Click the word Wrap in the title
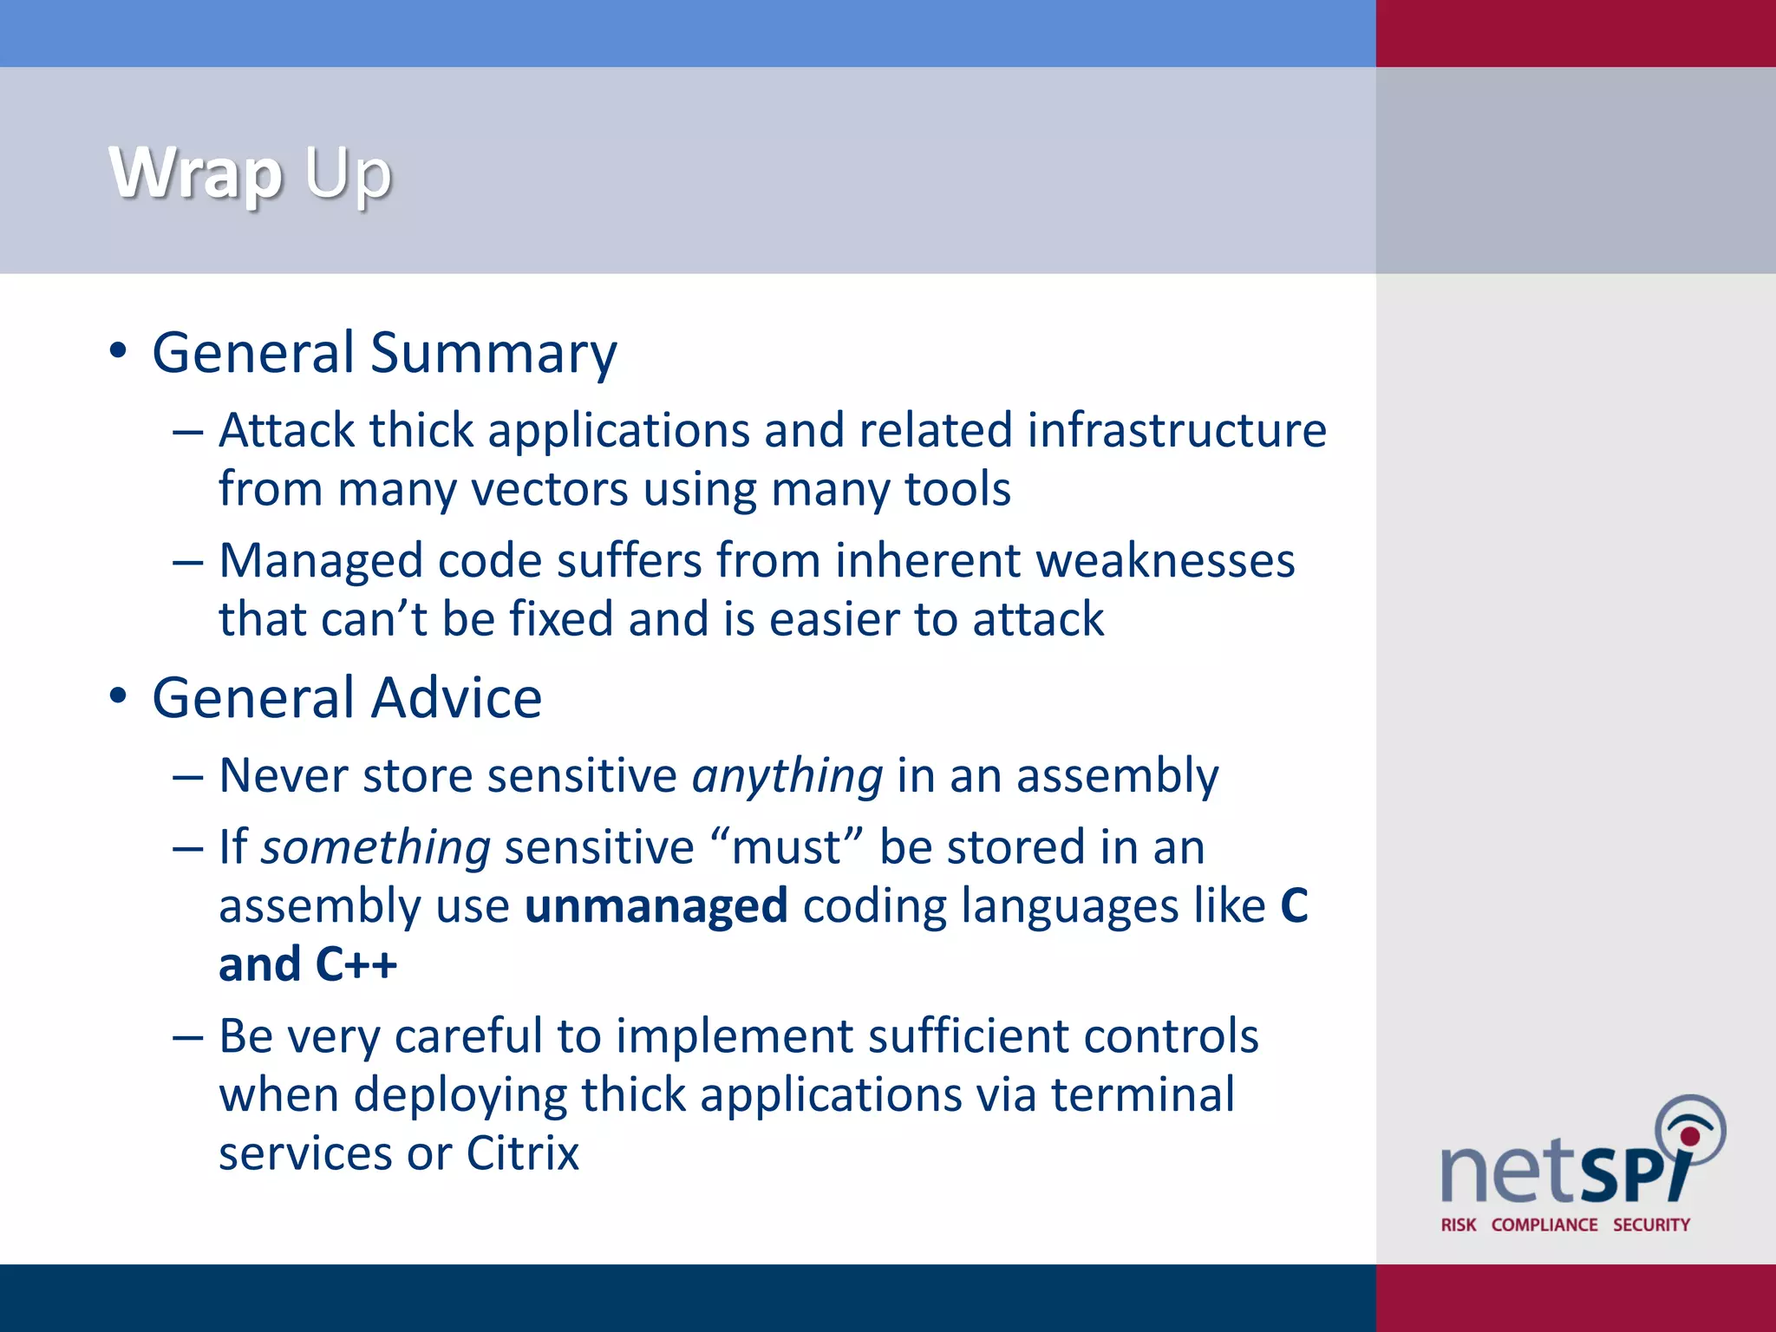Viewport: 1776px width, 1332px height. (x=195, y=173)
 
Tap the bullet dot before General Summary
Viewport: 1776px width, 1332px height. (x=119, y=351)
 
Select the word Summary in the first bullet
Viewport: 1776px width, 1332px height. (x=493, y=354)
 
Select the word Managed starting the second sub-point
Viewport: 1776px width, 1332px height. (x=320, y=561)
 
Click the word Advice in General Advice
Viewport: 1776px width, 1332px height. (x=459, y=698)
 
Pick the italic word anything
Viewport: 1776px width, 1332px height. (x=787, y=776)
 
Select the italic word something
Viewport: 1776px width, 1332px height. (x=375, y=848)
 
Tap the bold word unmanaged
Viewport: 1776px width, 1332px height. (x=656, y=906)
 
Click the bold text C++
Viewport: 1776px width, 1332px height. (x=356, y=965)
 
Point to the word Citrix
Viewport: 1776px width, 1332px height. (x=522, y=1154)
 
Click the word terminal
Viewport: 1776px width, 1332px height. (x=1143, y=1095)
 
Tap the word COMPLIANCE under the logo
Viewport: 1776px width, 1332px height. (x=1544, y=1224)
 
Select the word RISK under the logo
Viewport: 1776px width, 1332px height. (x=1458, y=1224)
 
